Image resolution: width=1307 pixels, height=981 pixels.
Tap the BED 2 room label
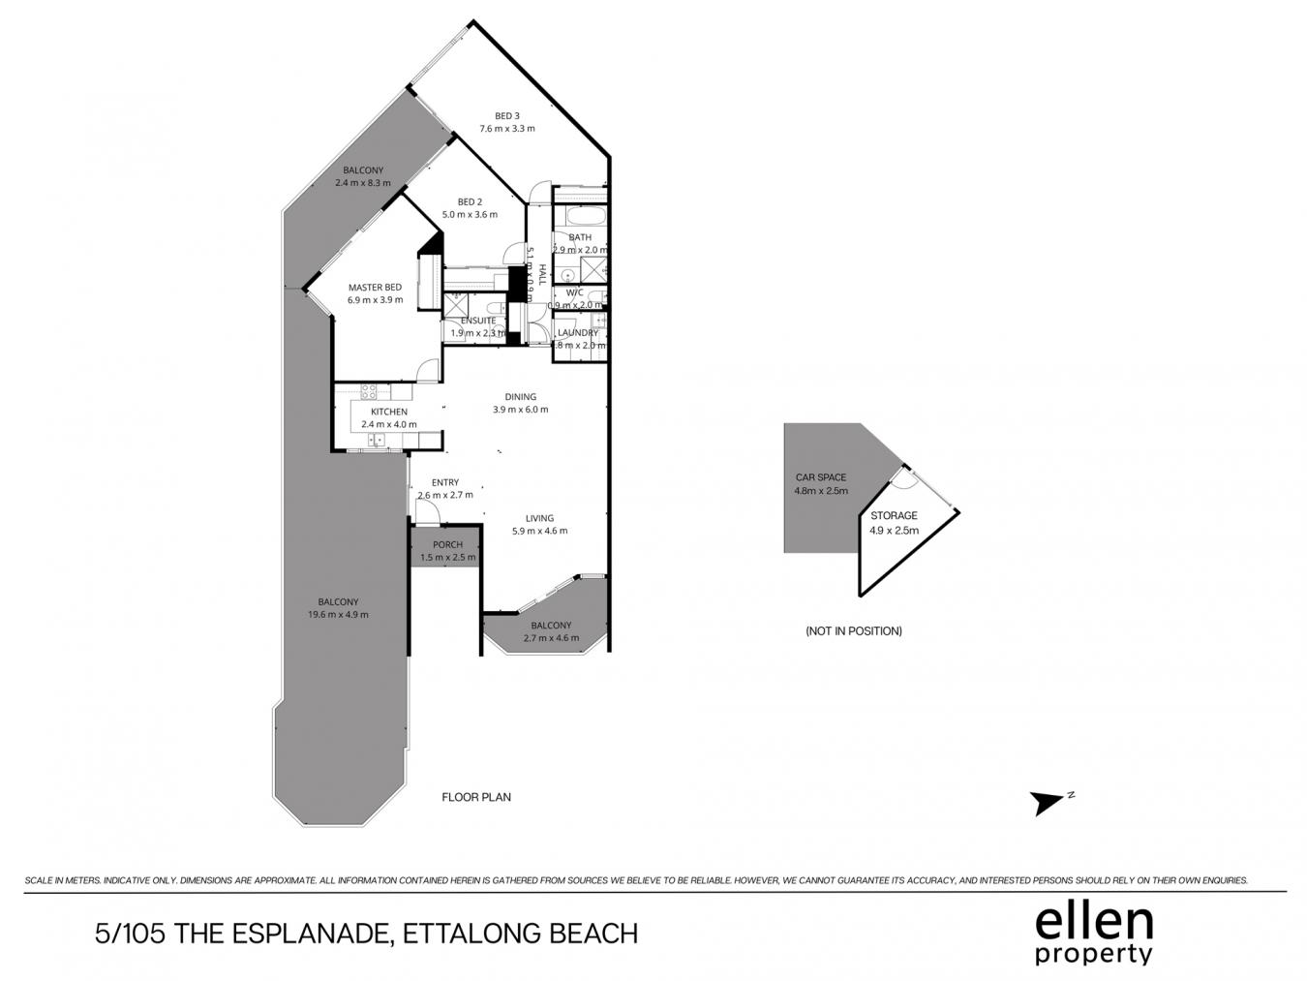(470, 201)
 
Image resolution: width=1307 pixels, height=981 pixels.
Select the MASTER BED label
(375, 288)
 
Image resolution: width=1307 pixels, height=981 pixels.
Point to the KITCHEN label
(388, 412)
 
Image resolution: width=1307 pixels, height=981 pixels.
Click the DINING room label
(520, 396)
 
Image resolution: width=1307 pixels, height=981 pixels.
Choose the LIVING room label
(539, 518)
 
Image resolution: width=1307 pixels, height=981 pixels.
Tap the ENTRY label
(445, 482)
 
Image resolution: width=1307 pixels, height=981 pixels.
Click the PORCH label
(447, 544)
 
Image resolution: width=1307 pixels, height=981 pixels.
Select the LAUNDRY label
(578, 333)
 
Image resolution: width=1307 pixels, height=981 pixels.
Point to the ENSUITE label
(478, 321)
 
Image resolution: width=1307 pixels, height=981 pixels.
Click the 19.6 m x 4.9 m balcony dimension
(338, 615)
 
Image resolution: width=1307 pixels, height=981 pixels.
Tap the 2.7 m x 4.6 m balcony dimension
(551, 638)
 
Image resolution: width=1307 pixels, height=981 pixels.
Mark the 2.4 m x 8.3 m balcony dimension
(363, 183)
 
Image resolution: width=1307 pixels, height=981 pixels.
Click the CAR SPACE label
(821, 477)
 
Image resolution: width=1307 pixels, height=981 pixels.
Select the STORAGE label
(894, 516)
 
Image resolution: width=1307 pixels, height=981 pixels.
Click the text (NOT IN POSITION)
(853, 630)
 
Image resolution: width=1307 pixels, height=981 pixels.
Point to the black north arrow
(1047, 803)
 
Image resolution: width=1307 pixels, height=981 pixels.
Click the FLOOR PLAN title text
(476, 797)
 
